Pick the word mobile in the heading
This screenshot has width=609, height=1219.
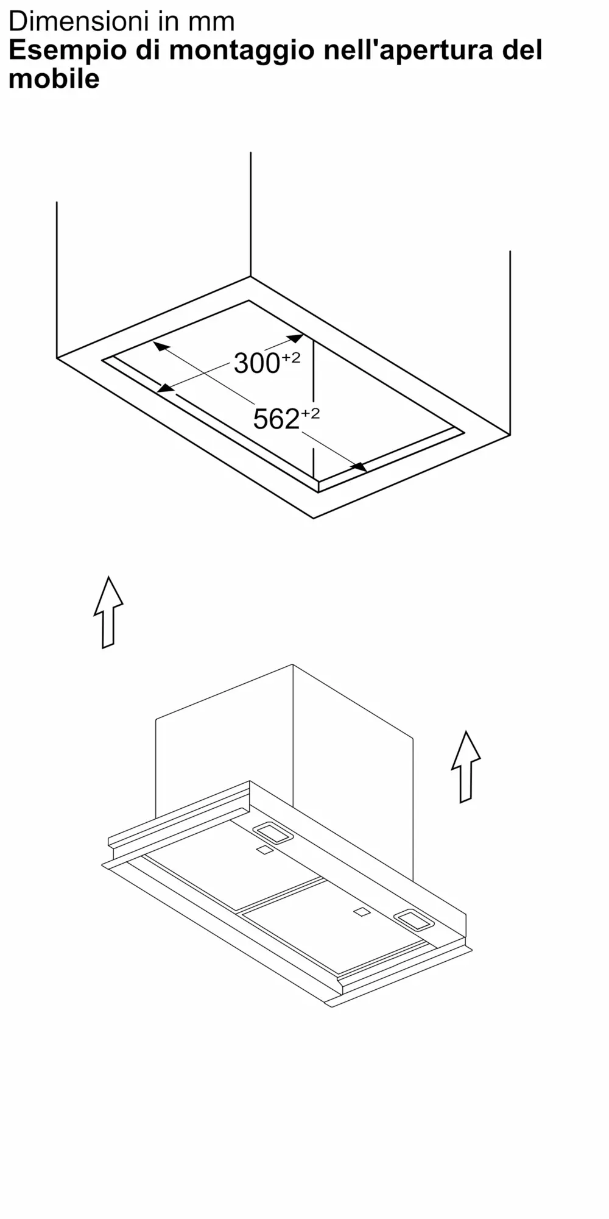(54, 79)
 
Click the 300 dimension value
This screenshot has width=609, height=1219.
(256, 364)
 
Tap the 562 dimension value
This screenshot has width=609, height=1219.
(276, 419)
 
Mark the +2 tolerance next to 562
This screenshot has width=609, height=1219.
(310, 414)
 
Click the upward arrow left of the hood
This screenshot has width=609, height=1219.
(108, 612)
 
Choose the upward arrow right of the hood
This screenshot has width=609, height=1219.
(466, 767)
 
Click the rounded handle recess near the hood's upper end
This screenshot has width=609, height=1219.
(273, 833)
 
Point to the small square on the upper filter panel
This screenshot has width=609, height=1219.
(264, 850)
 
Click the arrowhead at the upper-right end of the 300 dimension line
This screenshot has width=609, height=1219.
(295, 338)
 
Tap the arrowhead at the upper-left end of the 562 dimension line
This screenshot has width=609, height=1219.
(161, 346)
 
